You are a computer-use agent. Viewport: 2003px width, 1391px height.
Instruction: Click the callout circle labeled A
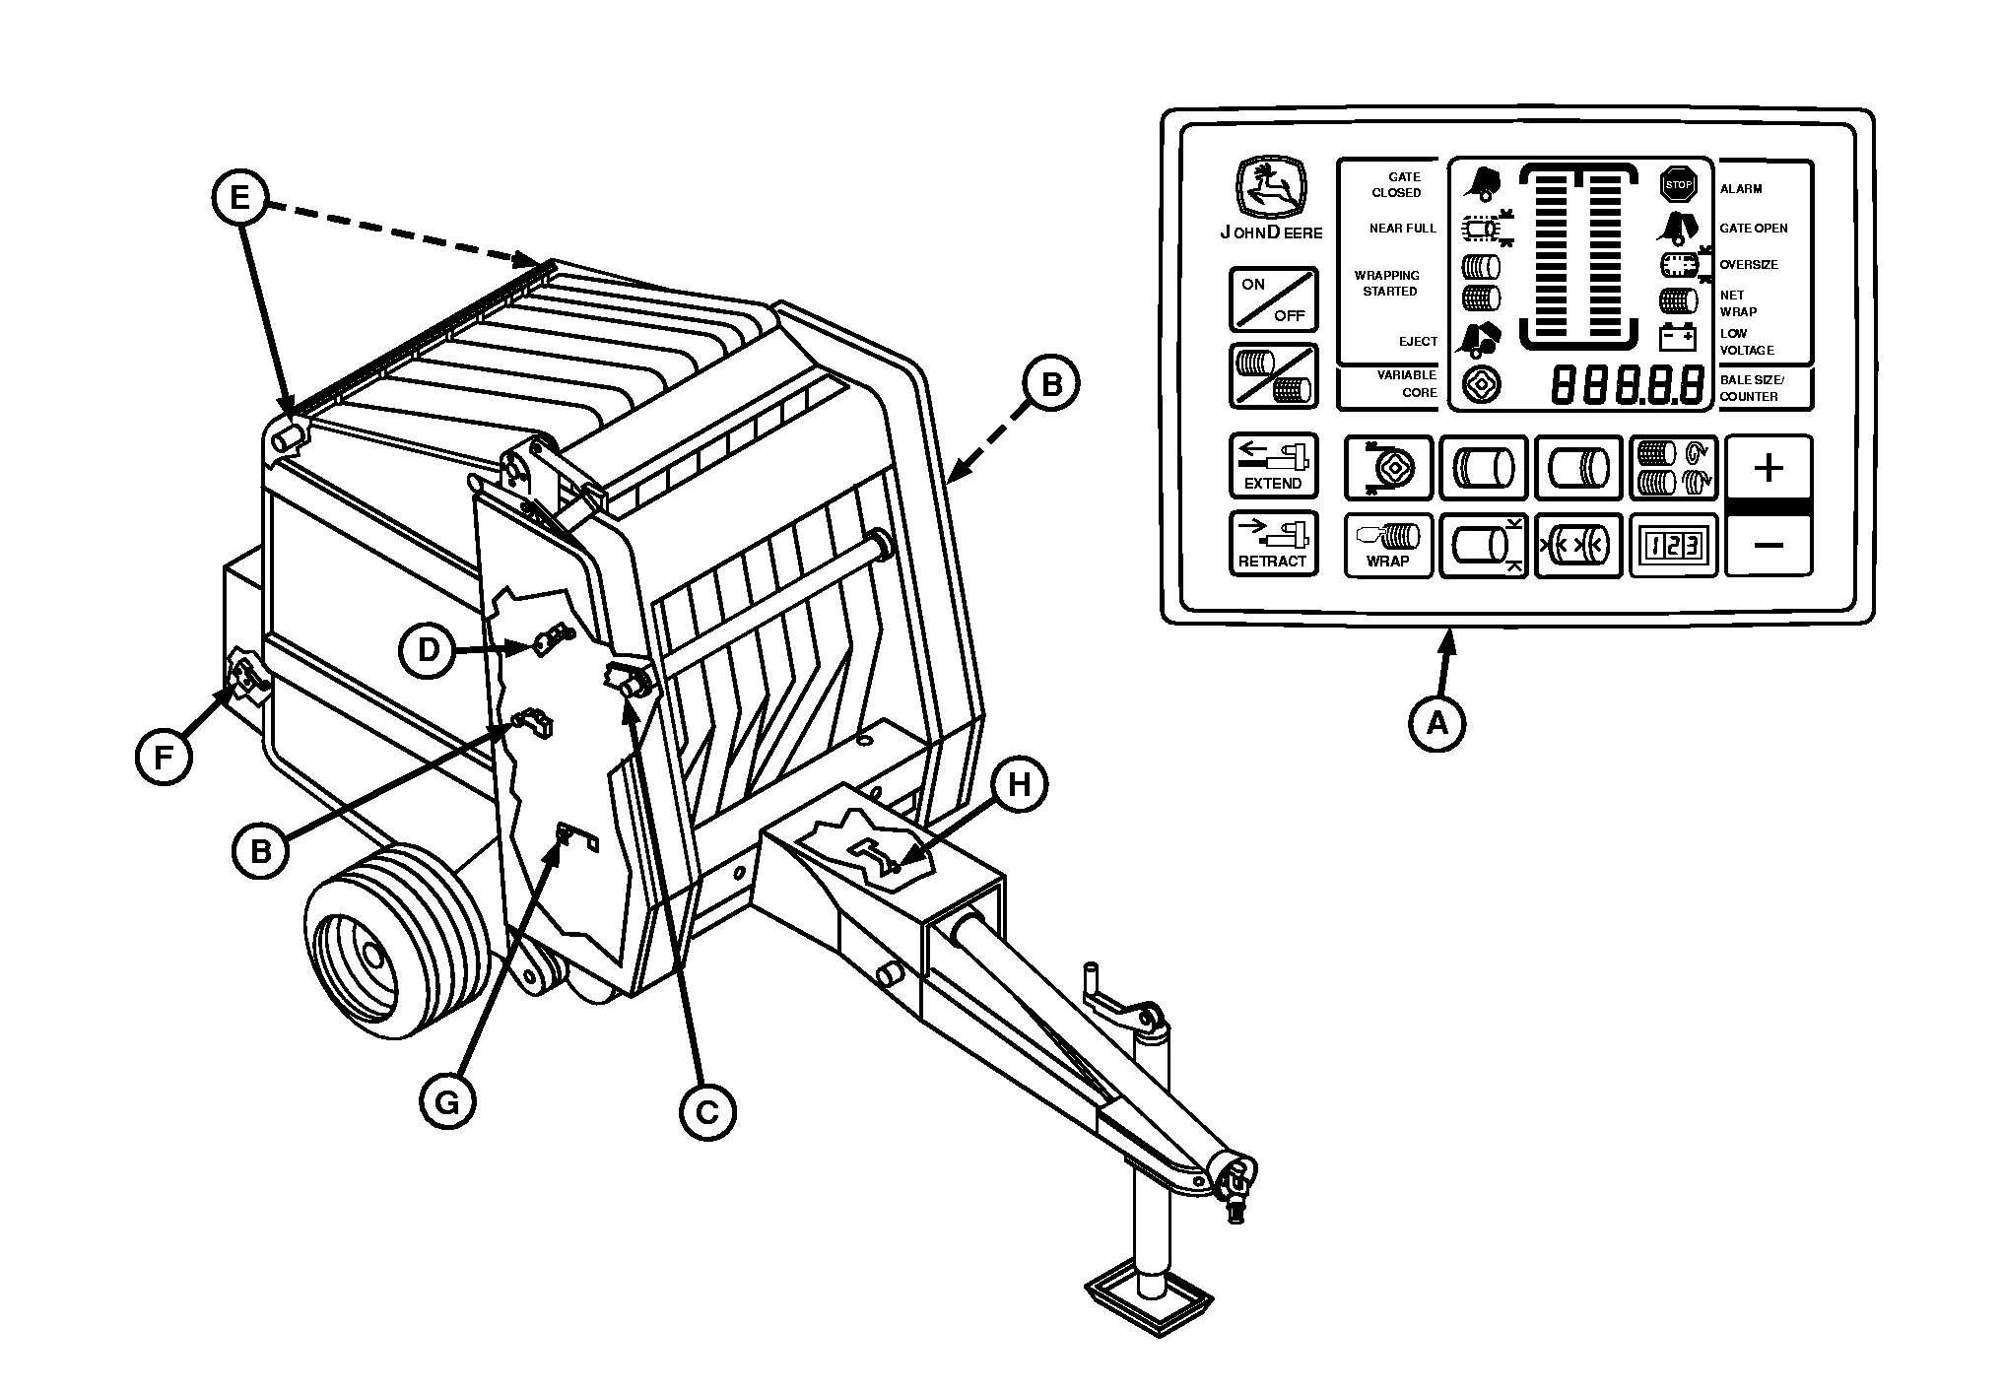1438,724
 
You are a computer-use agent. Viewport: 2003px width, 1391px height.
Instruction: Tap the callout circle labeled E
240,198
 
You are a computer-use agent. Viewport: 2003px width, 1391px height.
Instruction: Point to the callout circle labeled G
447,1102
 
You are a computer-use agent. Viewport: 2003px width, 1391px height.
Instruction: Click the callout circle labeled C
707,1112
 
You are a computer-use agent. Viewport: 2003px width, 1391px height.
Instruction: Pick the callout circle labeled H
1019,784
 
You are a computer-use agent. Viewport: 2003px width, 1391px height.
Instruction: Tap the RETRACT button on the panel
1273,544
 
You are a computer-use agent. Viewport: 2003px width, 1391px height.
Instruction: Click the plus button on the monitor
1769,467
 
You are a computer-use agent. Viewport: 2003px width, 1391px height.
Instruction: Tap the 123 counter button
1672,545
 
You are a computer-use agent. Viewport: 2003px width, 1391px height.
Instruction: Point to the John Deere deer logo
1271,190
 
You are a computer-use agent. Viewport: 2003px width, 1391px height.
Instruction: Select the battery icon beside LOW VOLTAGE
1677,338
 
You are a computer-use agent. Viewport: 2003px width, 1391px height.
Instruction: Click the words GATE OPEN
1754,229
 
